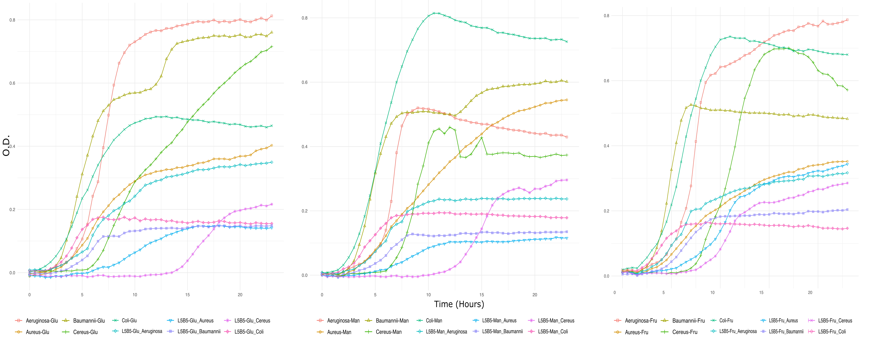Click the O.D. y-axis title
coord(6,146)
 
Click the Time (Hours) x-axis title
coord(459,304)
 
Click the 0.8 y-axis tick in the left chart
coord(12,20)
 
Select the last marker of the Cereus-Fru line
coord(847,90)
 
